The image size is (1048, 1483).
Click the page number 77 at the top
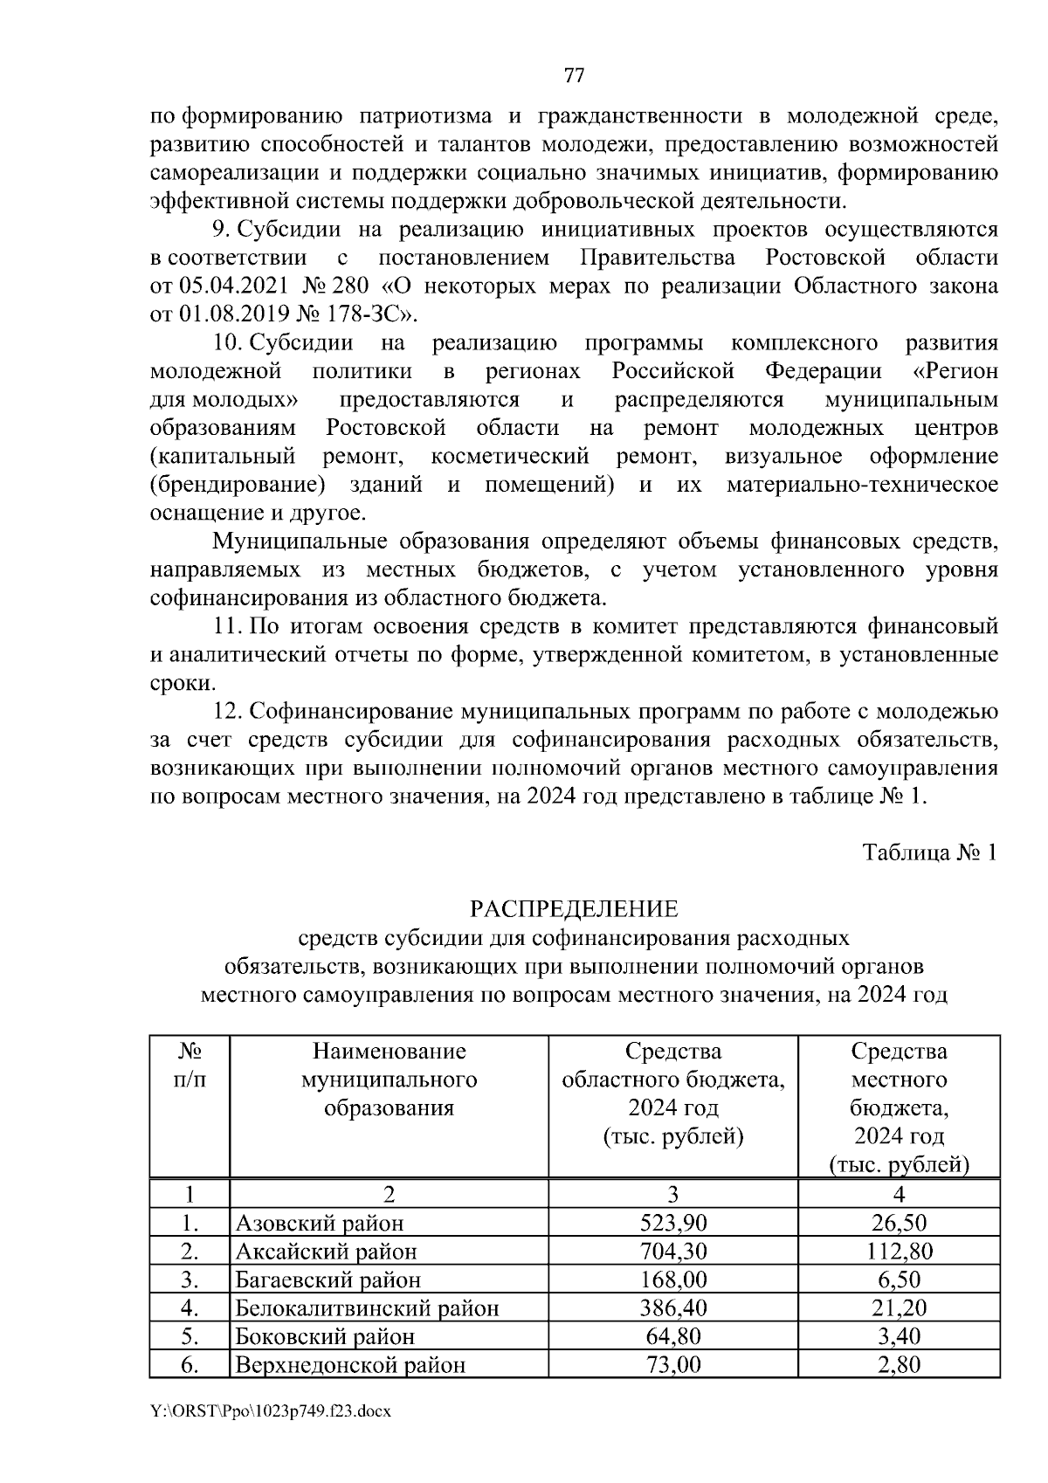pos(574,75)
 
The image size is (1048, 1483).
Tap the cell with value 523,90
pos(672,1223)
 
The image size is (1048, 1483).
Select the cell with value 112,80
pos(899,1251)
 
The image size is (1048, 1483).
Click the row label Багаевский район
pos(327,1280)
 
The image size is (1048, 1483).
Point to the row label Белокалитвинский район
pos(367,1307)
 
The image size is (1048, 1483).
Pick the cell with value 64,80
pos(672,1335)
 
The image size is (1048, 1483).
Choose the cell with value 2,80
pos(899,1363)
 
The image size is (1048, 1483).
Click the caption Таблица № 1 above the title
pos(929,852)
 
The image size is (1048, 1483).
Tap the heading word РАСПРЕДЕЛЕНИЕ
pos(574,909)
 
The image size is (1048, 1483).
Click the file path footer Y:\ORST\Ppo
pos(270,1435)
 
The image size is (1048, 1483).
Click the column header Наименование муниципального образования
pos(389,1079)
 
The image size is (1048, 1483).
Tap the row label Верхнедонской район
pos(350,1364)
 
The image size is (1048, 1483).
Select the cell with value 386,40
pos(672,1307)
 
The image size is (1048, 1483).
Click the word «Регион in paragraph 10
pos(955,371)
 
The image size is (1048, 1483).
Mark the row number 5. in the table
pos(190,1335)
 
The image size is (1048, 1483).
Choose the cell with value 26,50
pos(899,1223)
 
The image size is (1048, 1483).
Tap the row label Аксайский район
pos(326,1252)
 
